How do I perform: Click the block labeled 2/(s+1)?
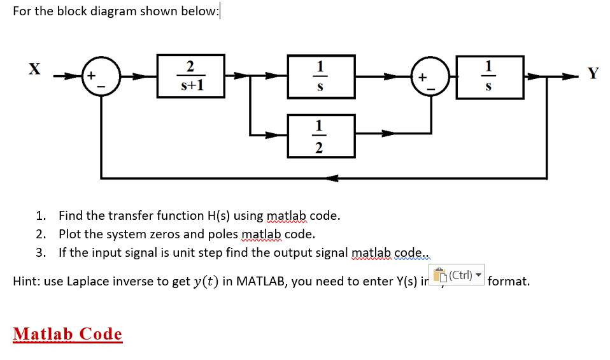tap(191, 76)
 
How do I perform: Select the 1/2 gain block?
tap(320, 136)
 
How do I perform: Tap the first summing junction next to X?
tap(98, 76)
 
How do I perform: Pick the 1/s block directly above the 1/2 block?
tap(320, 76)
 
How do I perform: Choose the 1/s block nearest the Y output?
tap(488, 76)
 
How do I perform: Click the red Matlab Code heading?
tap(67, 334)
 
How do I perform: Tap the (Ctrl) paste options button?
tap(458, 276)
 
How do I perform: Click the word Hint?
tap(25, 281)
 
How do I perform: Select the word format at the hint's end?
tap(508, 281)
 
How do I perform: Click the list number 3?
tap(40, 252)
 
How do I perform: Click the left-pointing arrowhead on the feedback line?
tap(331, 178)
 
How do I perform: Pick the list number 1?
tap(40, 215)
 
